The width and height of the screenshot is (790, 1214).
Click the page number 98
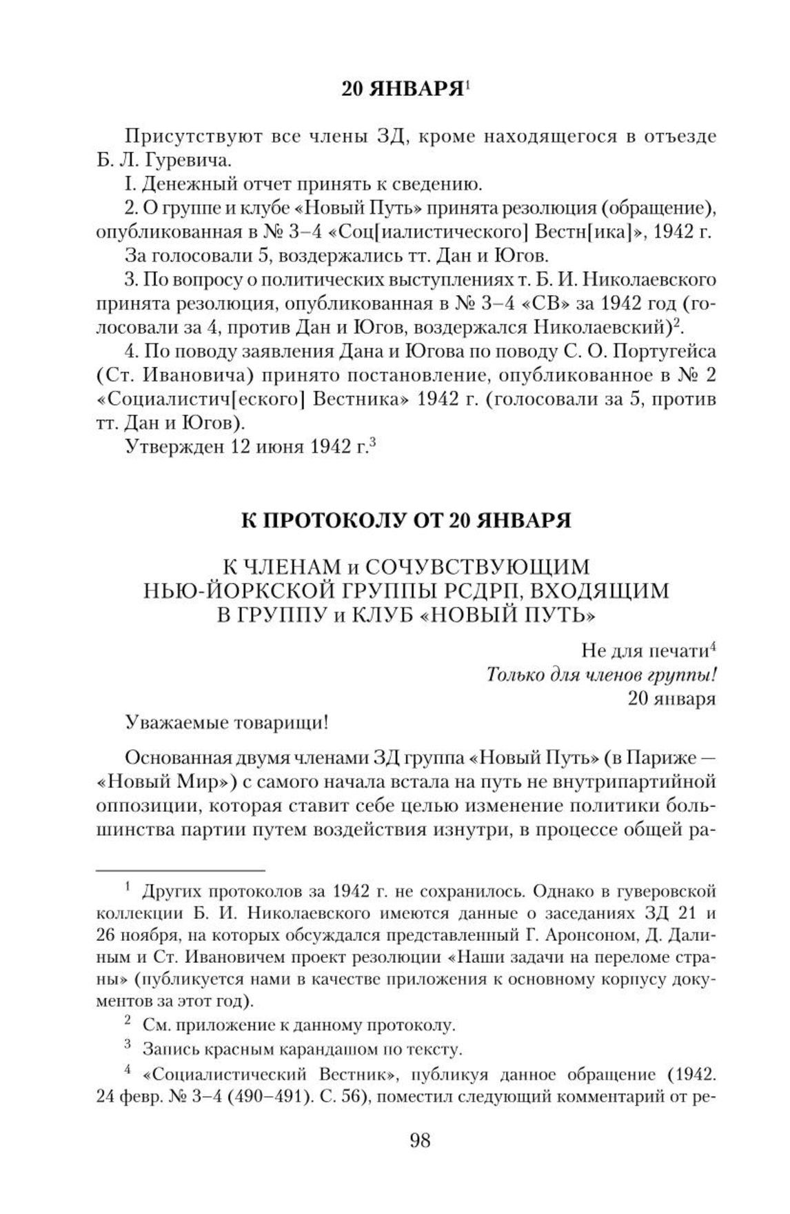419,1140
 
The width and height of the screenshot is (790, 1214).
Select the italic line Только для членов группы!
600,674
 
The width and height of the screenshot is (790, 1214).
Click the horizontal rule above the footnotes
180,870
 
